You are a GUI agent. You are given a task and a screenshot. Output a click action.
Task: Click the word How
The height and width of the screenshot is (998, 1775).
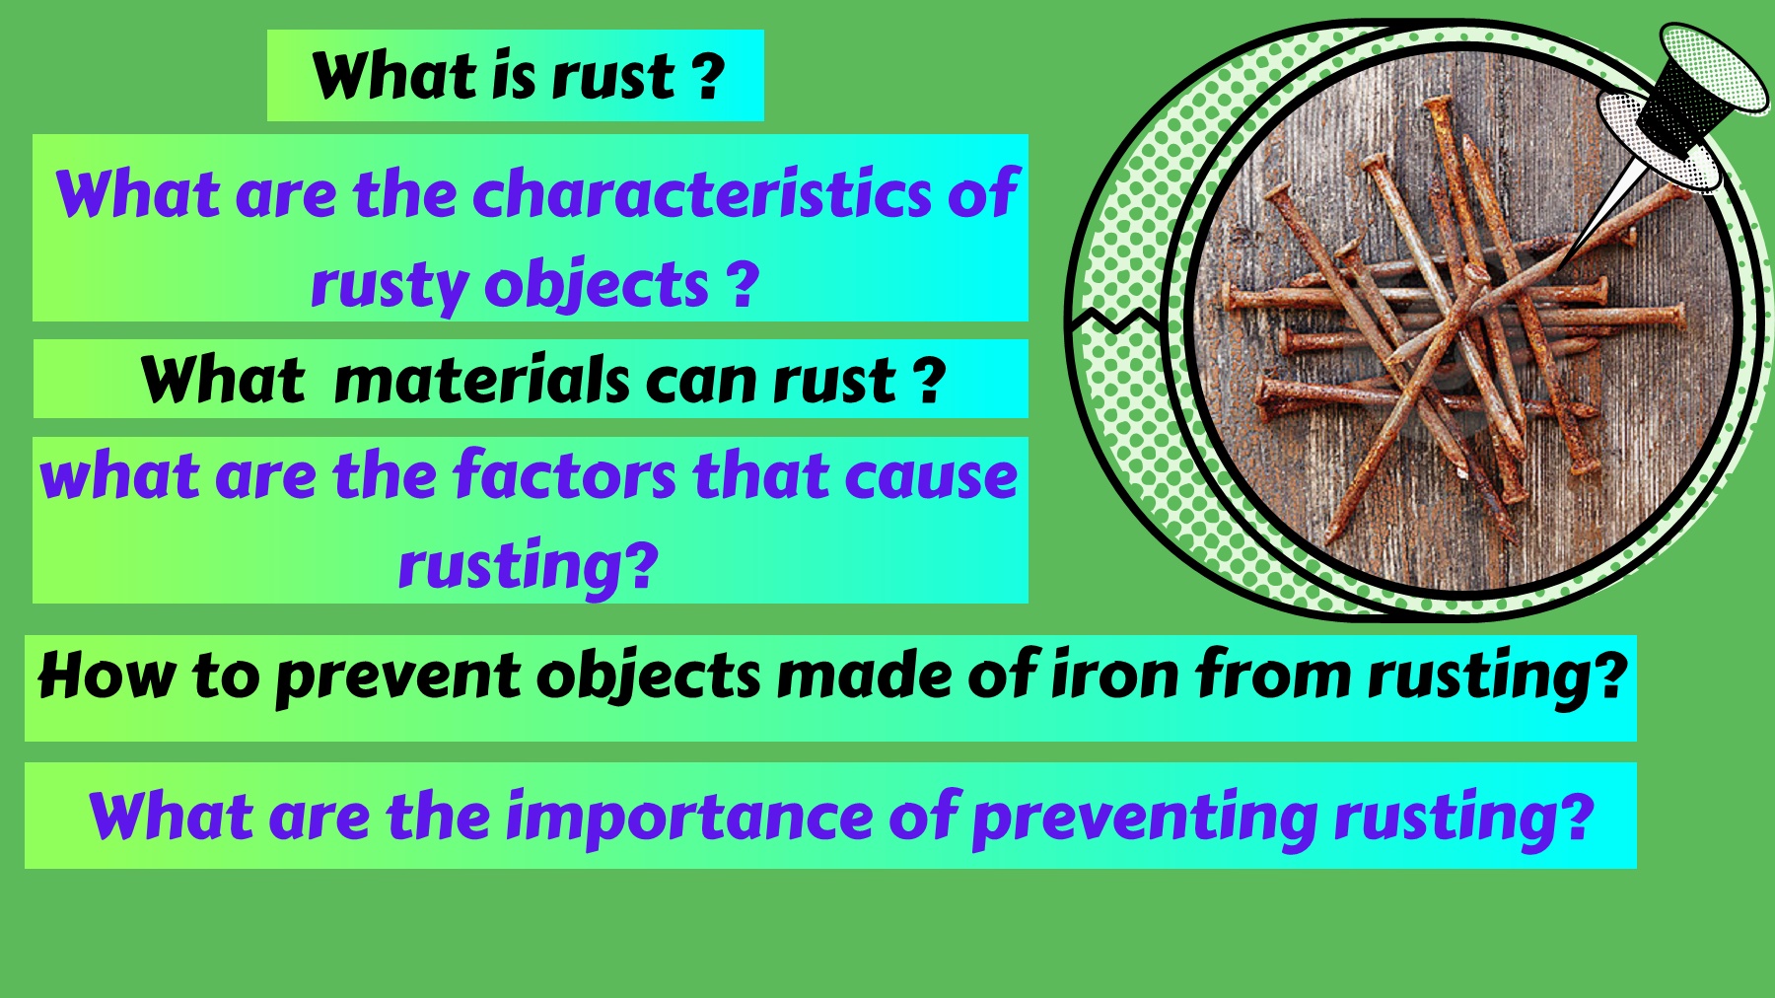coord(107,676)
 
